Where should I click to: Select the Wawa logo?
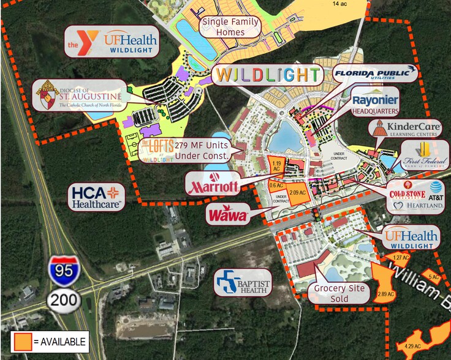(227, 215)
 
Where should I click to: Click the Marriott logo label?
(214, 184)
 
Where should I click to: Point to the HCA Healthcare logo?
(97, 196)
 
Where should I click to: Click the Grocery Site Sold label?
(339, 293)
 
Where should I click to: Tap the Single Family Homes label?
(232, 26)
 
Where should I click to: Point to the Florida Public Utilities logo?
(374, 75)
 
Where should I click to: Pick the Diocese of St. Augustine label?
(78, 96)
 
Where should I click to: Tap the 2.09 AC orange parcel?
(297, 192)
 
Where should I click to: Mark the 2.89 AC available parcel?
(384, 281)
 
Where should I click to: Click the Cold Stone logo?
(407, 195)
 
